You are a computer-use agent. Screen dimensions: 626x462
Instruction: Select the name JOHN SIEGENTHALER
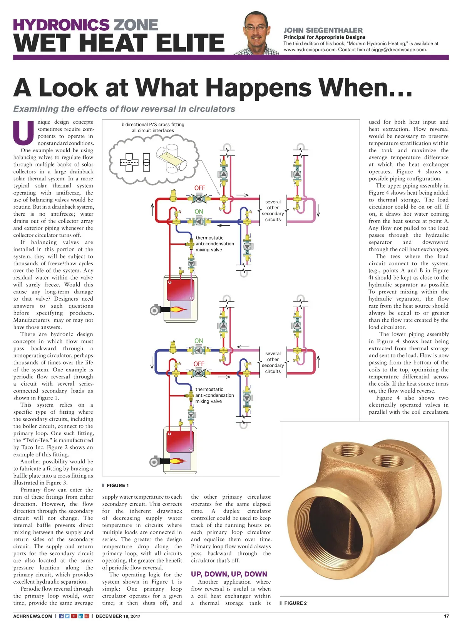coord(323,30)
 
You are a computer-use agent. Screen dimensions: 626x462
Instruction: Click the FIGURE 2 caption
coord(295,603)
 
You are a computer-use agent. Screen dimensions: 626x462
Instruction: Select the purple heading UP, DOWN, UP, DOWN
coord(229,574)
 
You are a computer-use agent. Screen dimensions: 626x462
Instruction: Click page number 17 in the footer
coord(446,616)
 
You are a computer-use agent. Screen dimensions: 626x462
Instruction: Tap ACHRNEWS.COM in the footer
coord(33,616)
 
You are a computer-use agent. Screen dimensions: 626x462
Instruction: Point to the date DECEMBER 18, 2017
coord(118,616)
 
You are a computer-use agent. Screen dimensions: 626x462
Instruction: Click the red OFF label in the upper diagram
coord(199,188)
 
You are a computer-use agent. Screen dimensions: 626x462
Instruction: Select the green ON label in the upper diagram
coord(199,211)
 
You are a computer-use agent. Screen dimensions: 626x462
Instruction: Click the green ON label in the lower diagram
coord(199,341)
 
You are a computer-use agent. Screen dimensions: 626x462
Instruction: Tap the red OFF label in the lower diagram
coord(199,364)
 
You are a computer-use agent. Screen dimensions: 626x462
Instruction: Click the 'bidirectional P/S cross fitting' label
coord(153,125)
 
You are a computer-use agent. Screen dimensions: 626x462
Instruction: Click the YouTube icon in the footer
coord(74,616)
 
